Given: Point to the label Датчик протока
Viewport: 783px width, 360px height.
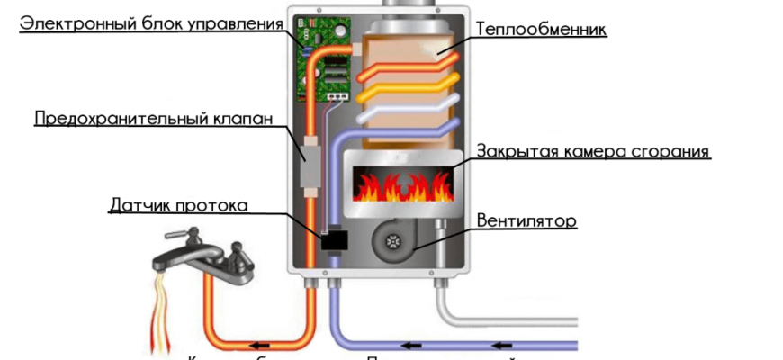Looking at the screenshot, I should [x=177, y=205].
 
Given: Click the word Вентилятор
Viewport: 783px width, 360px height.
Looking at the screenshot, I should [x=526, y=220].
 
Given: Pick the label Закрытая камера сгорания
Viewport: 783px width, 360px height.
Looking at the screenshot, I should [x=593, y=151].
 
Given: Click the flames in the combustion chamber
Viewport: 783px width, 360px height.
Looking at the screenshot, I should [x=400, y=187].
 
